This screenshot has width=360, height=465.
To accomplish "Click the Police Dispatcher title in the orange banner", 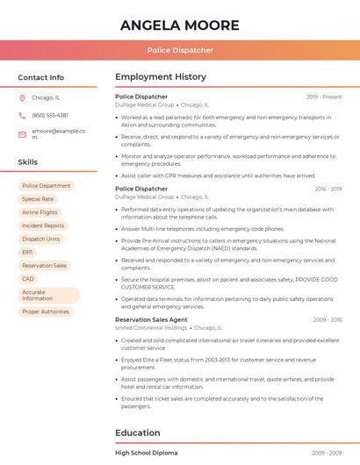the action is pos(180,50).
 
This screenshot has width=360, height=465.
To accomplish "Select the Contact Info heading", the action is pos(41,77).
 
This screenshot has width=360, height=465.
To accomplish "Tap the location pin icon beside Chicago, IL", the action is pos(22,97).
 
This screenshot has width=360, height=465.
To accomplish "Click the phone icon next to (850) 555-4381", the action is pos(22,115).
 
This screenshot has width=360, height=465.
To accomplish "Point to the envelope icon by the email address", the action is pos(22,133).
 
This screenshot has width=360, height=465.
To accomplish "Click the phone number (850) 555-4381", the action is pos(50,115).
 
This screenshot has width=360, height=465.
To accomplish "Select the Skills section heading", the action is pos(28,162).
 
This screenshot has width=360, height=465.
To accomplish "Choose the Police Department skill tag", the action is pos(47,186).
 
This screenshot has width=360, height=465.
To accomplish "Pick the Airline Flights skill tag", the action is pos(40,212).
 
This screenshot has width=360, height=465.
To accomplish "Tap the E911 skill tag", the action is pos(27,252).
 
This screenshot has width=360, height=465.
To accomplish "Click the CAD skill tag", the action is pos(28,279).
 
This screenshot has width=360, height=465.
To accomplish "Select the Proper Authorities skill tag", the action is pos(46,311).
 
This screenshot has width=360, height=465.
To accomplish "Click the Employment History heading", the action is pos(161,77).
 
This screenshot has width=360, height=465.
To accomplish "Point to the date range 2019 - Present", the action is pos(324,97).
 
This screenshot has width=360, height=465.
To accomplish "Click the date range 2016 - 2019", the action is pos(328,189).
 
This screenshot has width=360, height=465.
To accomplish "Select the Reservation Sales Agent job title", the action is pos(151,319).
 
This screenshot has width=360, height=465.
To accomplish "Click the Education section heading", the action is pos(138,433).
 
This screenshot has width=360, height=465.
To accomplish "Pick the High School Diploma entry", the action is pos(147,453).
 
